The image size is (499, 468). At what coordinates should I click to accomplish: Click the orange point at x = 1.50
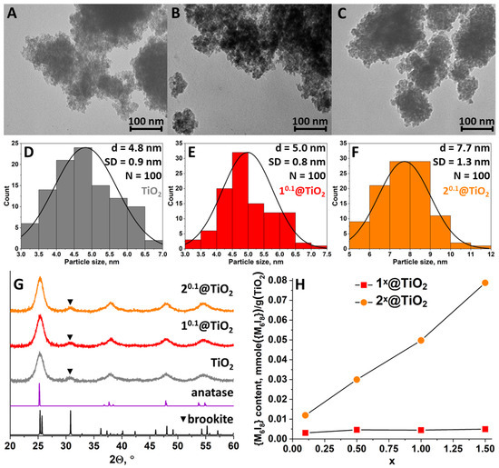[x=485, y=283]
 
